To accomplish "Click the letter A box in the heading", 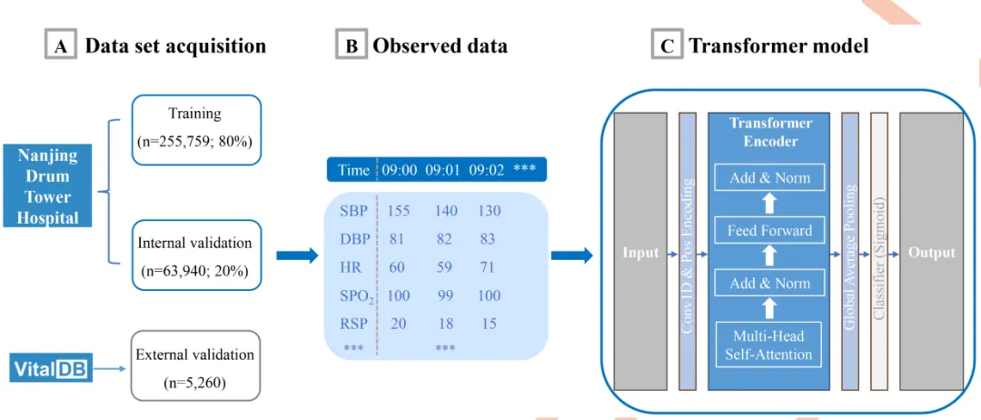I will click(60, 45).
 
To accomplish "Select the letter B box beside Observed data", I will click(351, 45).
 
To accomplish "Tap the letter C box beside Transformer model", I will click(667, 45).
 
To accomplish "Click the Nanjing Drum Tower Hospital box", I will click(48, 186).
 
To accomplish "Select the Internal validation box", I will click(196, 256).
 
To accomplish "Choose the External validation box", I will click(196, 368).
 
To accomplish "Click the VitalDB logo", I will click(52, 368).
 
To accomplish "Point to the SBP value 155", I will click(398, 211).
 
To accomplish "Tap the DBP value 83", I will click(489, 239).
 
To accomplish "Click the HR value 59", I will click(444, 268).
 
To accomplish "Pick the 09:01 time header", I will click(444, 170).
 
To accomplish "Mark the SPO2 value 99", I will click(444, 296).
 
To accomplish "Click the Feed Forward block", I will click(769, 231).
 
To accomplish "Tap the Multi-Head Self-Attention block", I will click(769, 345).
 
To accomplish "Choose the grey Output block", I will click(931, 252).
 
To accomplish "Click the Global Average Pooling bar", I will click(851, 252).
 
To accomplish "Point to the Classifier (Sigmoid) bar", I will click(878, 252).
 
